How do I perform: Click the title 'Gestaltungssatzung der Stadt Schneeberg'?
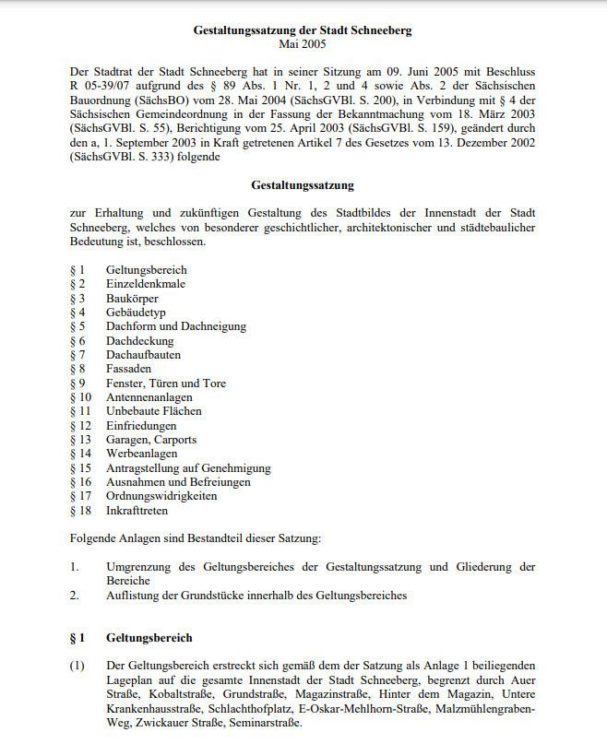click(x=303, y=30)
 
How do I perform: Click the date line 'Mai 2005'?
click(x=303, y=43)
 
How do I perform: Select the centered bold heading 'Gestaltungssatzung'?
click(x=303, y=185)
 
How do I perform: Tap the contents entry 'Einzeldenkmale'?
click(x=146, y=284)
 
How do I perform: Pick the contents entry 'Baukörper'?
click(x=132, y=299)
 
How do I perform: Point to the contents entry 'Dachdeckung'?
click(x=139, y=341)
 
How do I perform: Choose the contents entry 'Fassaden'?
click(x=128, y=369)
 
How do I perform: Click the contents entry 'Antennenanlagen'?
click(x=149, y=397)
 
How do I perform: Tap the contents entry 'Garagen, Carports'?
click(x=151, y=440)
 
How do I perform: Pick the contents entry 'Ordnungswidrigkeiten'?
click(x=161, y=496)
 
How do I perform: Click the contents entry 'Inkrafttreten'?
click(x=138, y=510)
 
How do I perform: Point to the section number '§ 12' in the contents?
click(x=81, y=426)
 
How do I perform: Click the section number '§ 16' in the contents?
click(x=81, y=482)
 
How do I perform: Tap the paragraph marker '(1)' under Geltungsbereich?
click(x=77, y=665)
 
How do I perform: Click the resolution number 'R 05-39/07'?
click(x=98, y=85)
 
